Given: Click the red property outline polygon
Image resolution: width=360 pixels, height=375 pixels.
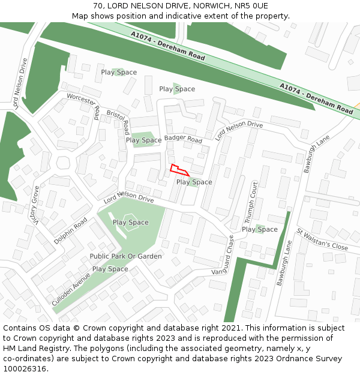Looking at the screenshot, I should point(179,170).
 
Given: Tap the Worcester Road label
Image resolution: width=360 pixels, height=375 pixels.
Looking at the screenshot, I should point(83,106).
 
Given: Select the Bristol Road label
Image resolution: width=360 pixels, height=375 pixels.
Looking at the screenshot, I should point(118,122).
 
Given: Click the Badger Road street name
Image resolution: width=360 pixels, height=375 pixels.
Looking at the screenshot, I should point(184,139).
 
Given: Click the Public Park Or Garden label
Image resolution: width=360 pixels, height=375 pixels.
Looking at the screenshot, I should point(125,256).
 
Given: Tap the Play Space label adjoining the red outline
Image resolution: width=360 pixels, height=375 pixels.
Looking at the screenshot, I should point(194,182).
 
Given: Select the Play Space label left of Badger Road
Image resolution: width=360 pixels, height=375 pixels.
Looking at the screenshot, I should point(143,140).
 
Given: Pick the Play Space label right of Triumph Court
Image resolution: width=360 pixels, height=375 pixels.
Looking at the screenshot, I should point(260,229).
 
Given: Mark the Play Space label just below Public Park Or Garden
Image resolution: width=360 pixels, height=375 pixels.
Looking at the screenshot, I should point(110,269).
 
